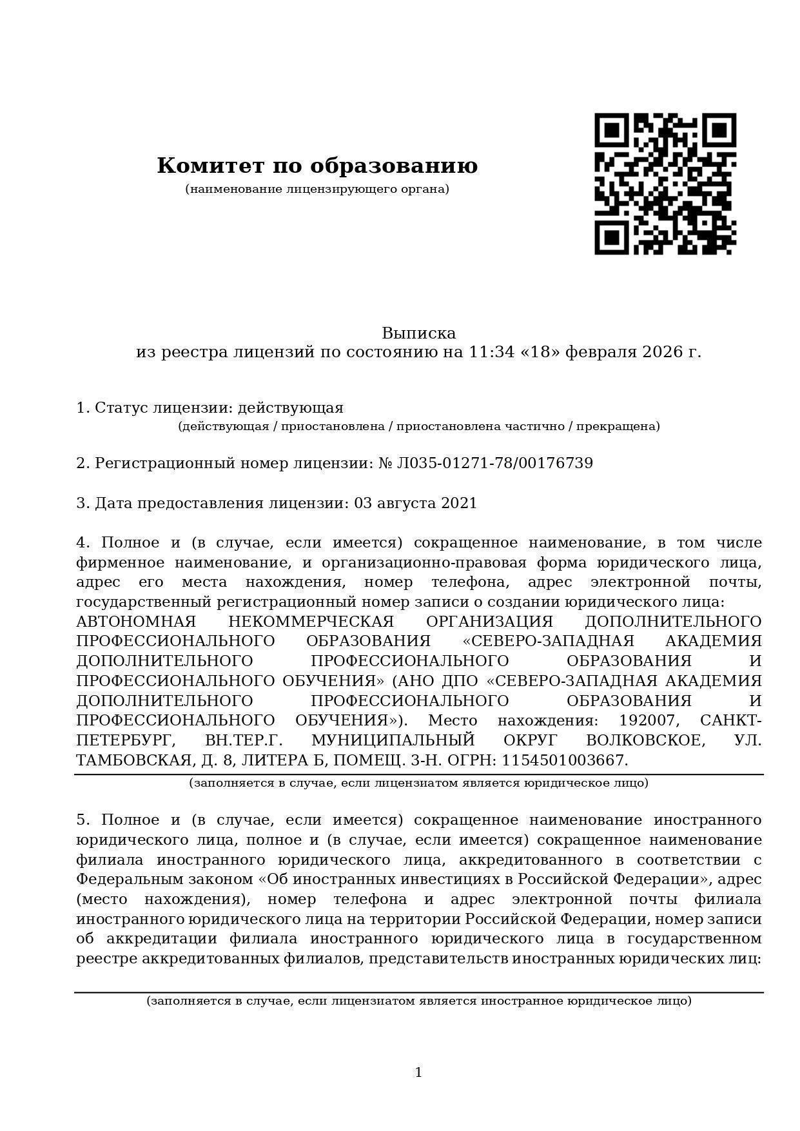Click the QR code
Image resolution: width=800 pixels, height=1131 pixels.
tap(665, 184)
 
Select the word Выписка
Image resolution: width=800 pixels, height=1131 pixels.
tap(418, 333)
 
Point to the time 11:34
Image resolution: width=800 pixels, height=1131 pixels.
tap(491, 352)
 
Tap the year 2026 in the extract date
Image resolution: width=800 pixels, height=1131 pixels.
tap(661, 352)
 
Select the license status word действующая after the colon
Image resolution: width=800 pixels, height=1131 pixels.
tap(291, 408)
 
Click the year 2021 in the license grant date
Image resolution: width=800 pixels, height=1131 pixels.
tap(459, 504)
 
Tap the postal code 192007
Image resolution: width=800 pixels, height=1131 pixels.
tap(647, 721)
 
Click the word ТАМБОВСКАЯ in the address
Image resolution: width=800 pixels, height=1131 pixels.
tap(134, 761)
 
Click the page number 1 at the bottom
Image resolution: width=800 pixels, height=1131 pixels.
tap(418, 1072)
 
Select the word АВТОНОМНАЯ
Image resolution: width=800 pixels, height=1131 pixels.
tap(136, 622)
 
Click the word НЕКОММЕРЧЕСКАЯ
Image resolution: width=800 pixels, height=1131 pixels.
tap(311, 622)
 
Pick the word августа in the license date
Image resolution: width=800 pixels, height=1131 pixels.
tap(404, 504)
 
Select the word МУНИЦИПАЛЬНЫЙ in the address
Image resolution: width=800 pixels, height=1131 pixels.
tap(393, 741)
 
